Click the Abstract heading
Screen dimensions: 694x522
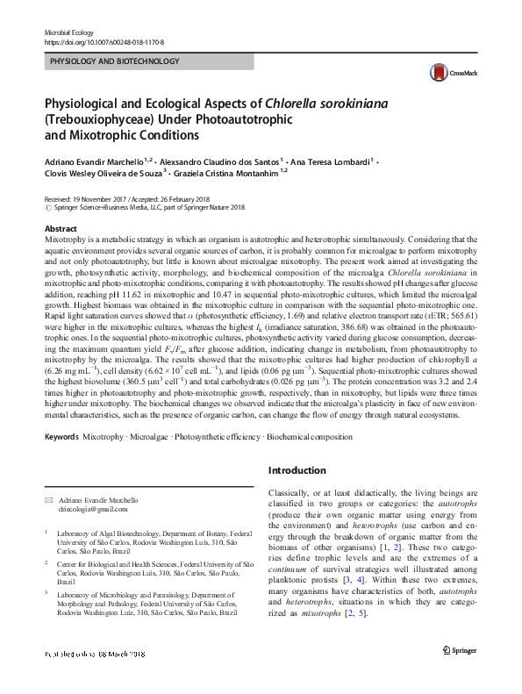(x=60, y=228)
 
